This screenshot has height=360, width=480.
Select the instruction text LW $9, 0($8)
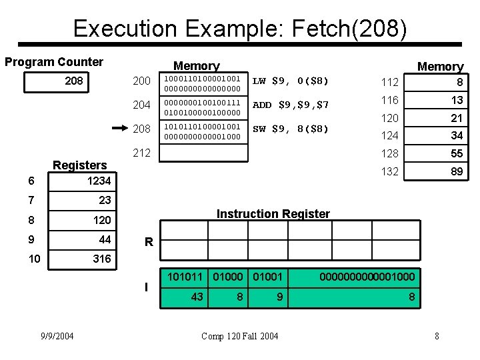[290, 81]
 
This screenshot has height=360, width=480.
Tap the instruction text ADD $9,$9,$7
[291, 105]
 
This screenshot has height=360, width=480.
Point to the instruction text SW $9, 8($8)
[290, 128]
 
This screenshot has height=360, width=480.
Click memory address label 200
[141, 82]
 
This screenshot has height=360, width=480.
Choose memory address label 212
[141, 153]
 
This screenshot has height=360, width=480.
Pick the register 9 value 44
[104, 239]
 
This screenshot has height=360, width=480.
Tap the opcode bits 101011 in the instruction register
[184, 275]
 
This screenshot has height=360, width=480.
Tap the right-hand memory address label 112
[389, 83]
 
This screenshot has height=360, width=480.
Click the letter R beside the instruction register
[149, 244]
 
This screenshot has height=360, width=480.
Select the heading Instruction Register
[273, 214]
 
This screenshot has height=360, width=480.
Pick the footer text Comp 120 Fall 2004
[241, 335]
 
